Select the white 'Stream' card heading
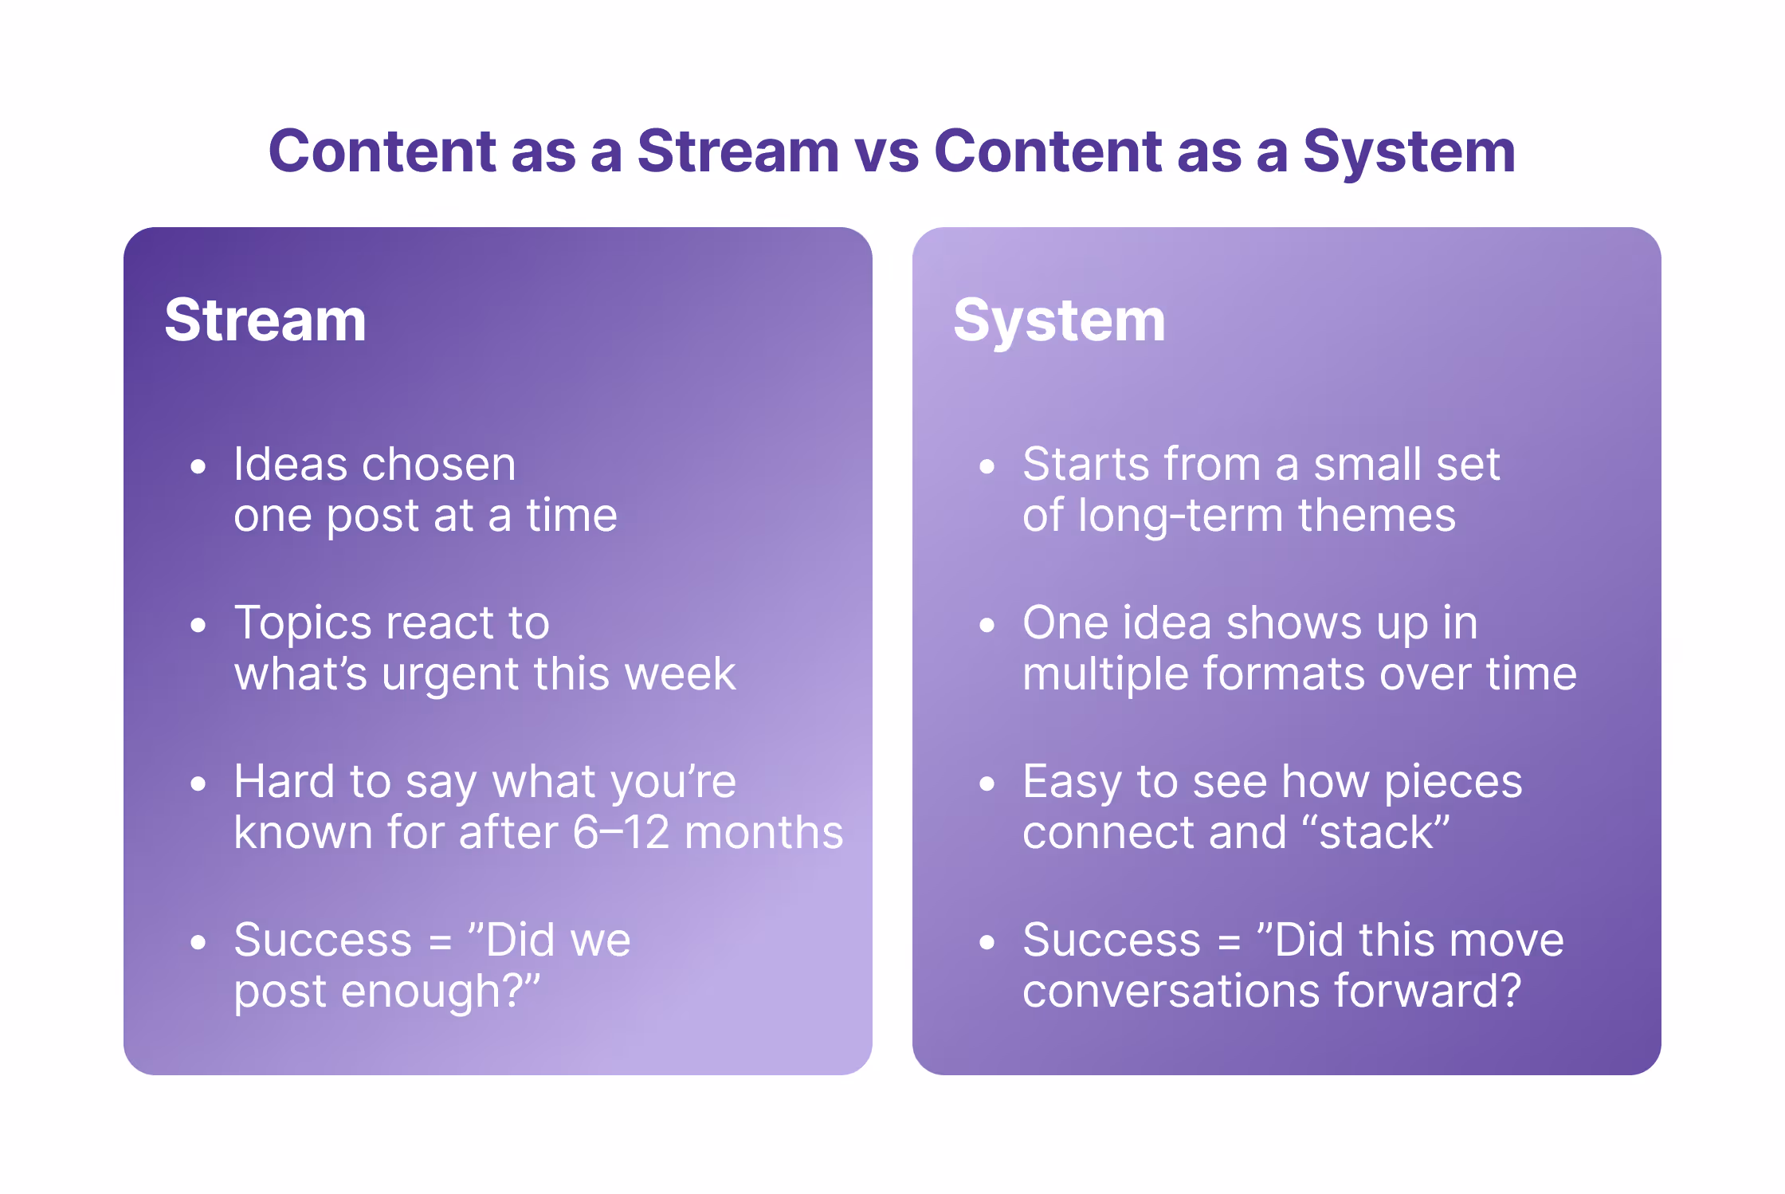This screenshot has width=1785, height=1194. click(265, 320)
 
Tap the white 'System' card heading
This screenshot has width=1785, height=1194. click(1059, 320)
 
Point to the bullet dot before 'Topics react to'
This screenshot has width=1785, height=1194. click(198, 625)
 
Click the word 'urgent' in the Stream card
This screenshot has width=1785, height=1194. click(450, 674)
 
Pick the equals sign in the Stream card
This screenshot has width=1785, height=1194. click(440, 942)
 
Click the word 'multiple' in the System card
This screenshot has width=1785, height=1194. click(1104, 674)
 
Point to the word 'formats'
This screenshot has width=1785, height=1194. click(1283, 674)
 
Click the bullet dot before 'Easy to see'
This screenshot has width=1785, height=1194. click(987, 784)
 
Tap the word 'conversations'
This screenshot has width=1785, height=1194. click(1171, 992)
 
